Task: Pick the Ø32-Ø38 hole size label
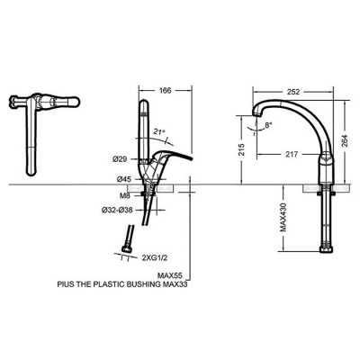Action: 120,211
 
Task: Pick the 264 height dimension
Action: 345,140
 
